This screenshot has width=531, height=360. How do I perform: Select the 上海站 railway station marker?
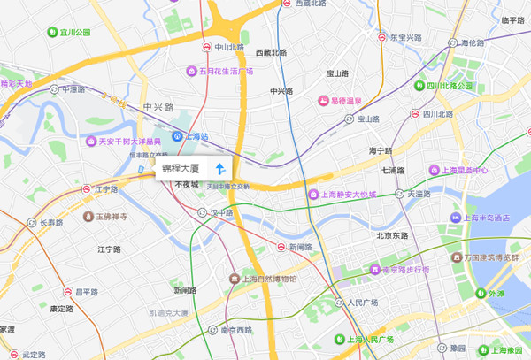point(178,136)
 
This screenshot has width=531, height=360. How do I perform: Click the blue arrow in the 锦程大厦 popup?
point(220,168)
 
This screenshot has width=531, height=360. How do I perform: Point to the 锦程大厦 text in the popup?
point(181,168)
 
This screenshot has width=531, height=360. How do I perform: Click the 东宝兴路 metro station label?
point(406,39)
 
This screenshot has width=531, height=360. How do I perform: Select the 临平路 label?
point(512,20)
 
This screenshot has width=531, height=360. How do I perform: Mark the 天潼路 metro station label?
point(419,194)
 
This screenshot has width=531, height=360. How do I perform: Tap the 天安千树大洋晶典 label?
point(129,142)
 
